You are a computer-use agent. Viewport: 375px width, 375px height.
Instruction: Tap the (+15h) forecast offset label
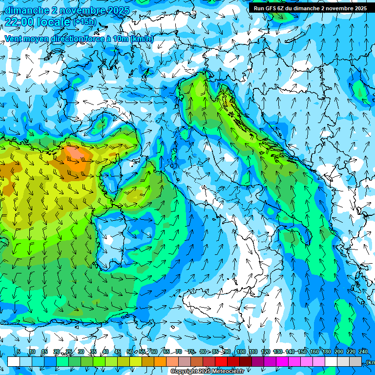(x=84, y=22)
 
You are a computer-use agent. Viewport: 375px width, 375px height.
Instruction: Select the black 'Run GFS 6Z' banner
(x=310, y=8)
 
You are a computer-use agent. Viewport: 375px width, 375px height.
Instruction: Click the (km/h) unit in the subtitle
(x=142, y=39)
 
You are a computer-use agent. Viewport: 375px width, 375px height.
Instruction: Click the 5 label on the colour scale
(x=19, y=352)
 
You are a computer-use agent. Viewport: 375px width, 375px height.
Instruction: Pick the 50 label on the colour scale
(x=130, y=352)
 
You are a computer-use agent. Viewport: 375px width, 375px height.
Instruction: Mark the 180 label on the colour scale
(x=326, y=352)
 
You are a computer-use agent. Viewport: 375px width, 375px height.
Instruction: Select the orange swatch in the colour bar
(x=160, y=361)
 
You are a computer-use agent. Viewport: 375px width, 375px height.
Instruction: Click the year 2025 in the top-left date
(x=118, y=10)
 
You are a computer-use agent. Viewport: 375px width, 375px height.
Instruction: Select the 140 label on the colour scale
(x=290, y=352)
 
